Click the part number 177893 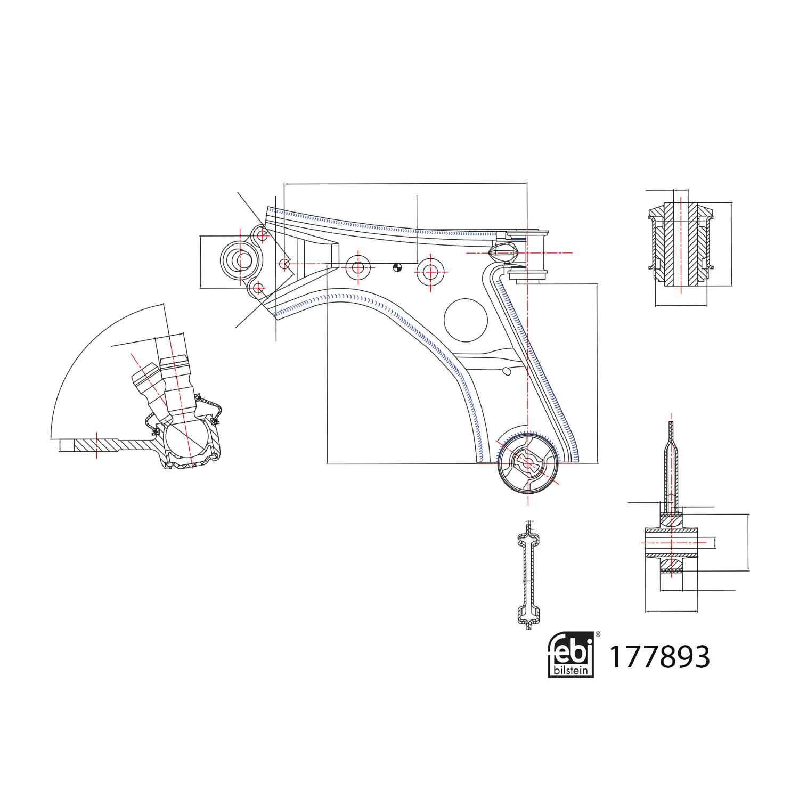(659, 657)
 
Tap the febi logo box (571, 655)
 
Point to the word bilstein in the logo (571, 670)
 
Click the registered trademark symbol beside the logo (598, 634)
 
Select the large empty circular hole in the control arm (466, 320)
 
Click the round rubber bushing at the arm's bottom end (528, 463)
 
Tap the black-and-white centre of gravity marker (397, 268)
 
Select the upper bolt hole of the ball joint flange (262, 234)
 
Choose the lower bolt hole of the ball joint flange (258, 289)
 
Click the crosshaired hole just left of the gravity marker (358, 267)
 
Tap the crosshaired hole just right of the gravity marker (430, 272)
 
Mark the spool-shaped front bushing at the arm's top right (527, 255)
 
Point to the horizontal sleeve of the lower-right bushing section (671, 543)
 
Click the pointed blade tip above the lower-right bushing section (671, 423)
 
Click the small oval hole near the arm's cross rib (507, 371)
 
